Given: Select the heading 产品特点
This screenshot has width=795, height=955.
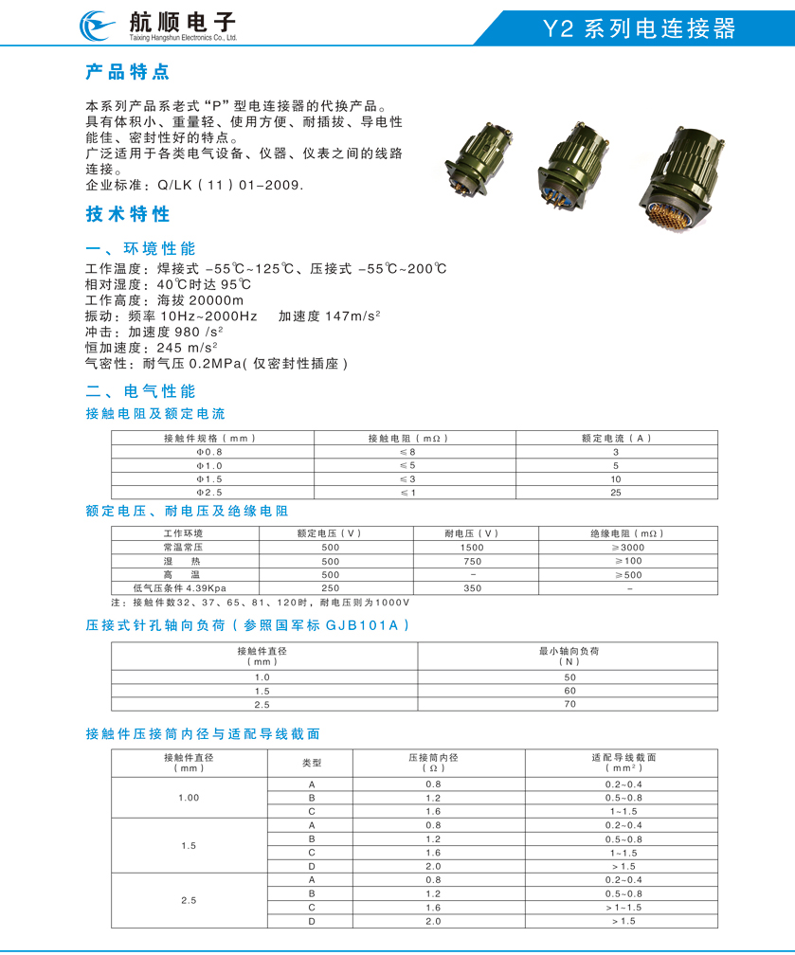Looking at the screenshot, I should point(127,72).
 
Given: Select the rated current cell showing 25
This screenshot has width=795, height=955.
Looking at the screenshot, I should point(615,493).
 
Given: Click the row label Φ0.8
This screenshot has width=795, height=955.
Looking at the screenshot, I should point(209,452).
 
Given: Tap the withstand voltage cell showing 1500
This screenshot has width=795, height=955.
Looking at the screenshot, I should point(471,548).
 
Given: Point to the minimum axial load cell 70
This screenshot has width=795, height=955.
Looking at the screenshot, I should point(569,704).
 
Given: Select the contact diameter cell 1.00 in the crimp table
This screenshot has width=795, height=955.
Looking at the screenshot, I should point(189,798).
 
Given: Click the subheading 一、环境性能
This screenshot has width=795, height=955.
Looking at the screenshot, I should point(140,248).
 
